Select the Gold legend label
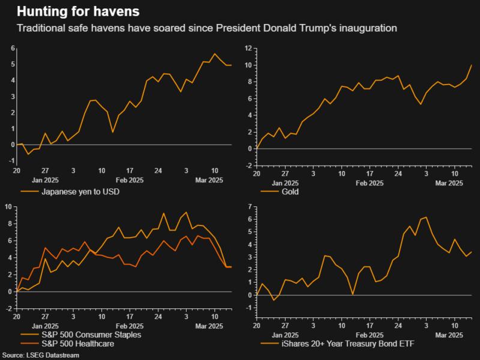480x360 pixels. [290, 192]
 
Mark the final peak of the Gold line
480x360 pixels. [471, 64]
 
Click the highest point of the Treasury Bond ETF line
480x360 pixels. [425, 217]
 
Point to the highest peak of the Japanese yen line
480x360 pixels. [215, 54]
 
